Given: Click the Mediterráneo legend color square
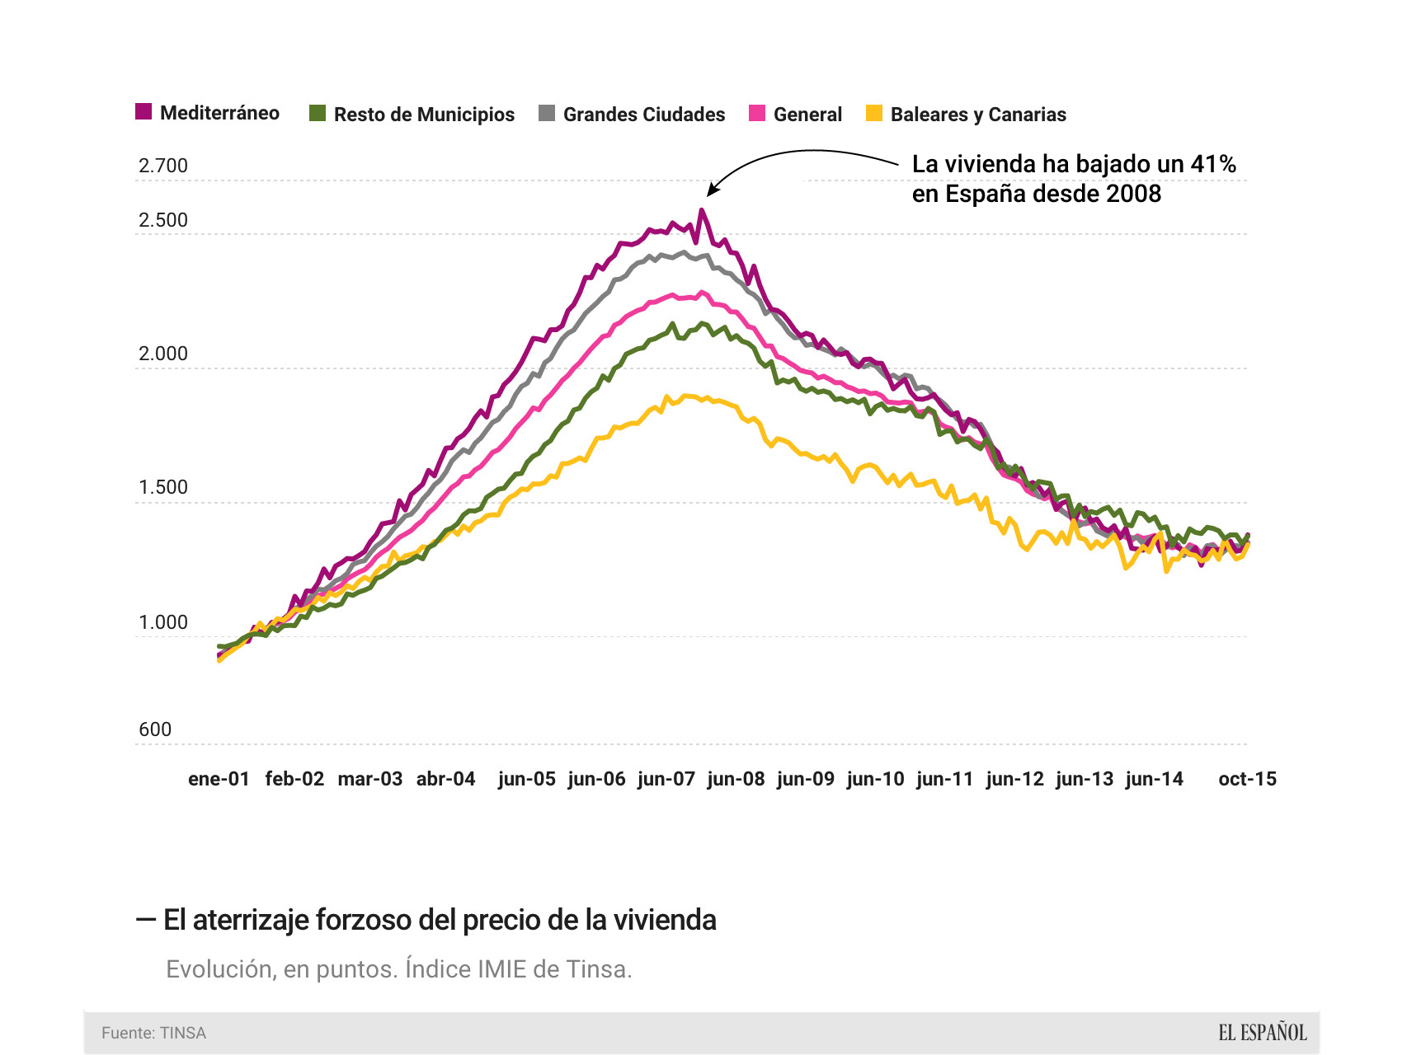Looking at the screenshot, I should pos(144,112).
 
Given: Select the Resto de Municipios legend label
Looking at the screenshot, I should pos(424,115).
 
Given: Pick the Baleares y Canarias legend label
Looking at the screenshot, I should pos(978,115).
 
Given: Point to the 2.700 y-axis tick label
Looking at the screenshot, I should pos(163,166).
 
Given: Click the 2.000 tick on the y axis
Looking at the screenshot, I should pos(163,354).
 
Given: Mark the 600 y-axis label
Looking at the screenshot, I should pos(155,729).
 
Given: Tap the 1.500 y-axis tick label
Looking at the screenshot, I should pos(163,487).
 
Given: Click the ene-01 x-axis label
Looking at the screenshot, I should pos(219,779).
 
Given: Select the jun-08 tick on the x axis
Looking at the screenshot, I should pos(736,779).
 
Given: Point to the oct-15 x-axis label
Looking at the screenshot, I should pos(1247,779).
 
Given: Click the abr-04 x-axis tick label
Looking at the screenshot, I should pos(445,779).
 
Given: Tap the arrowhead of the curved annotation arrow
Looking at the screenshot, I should pos(710,191).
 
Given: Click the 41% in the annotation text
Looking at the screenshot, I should pos(1212,164).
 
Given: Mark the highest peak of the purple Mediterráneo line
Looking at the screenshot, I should pos(701,210).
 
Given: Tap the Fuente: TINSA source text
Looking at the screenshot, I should pos(153,1033).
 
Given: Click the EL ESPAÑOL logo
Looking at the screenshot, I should pos(1262,1033).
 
